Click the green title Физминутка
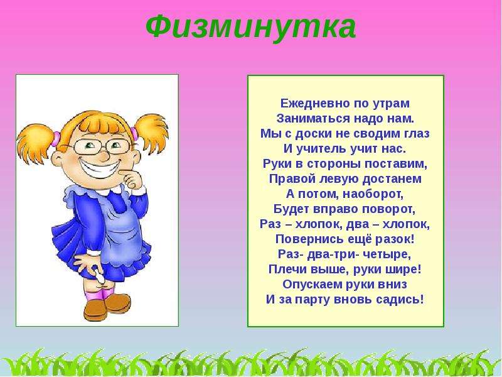[x=250, y=27]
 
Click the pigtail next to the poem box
[x=151, y=131]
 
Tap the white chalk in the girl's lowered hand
[x=99, y=277]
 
